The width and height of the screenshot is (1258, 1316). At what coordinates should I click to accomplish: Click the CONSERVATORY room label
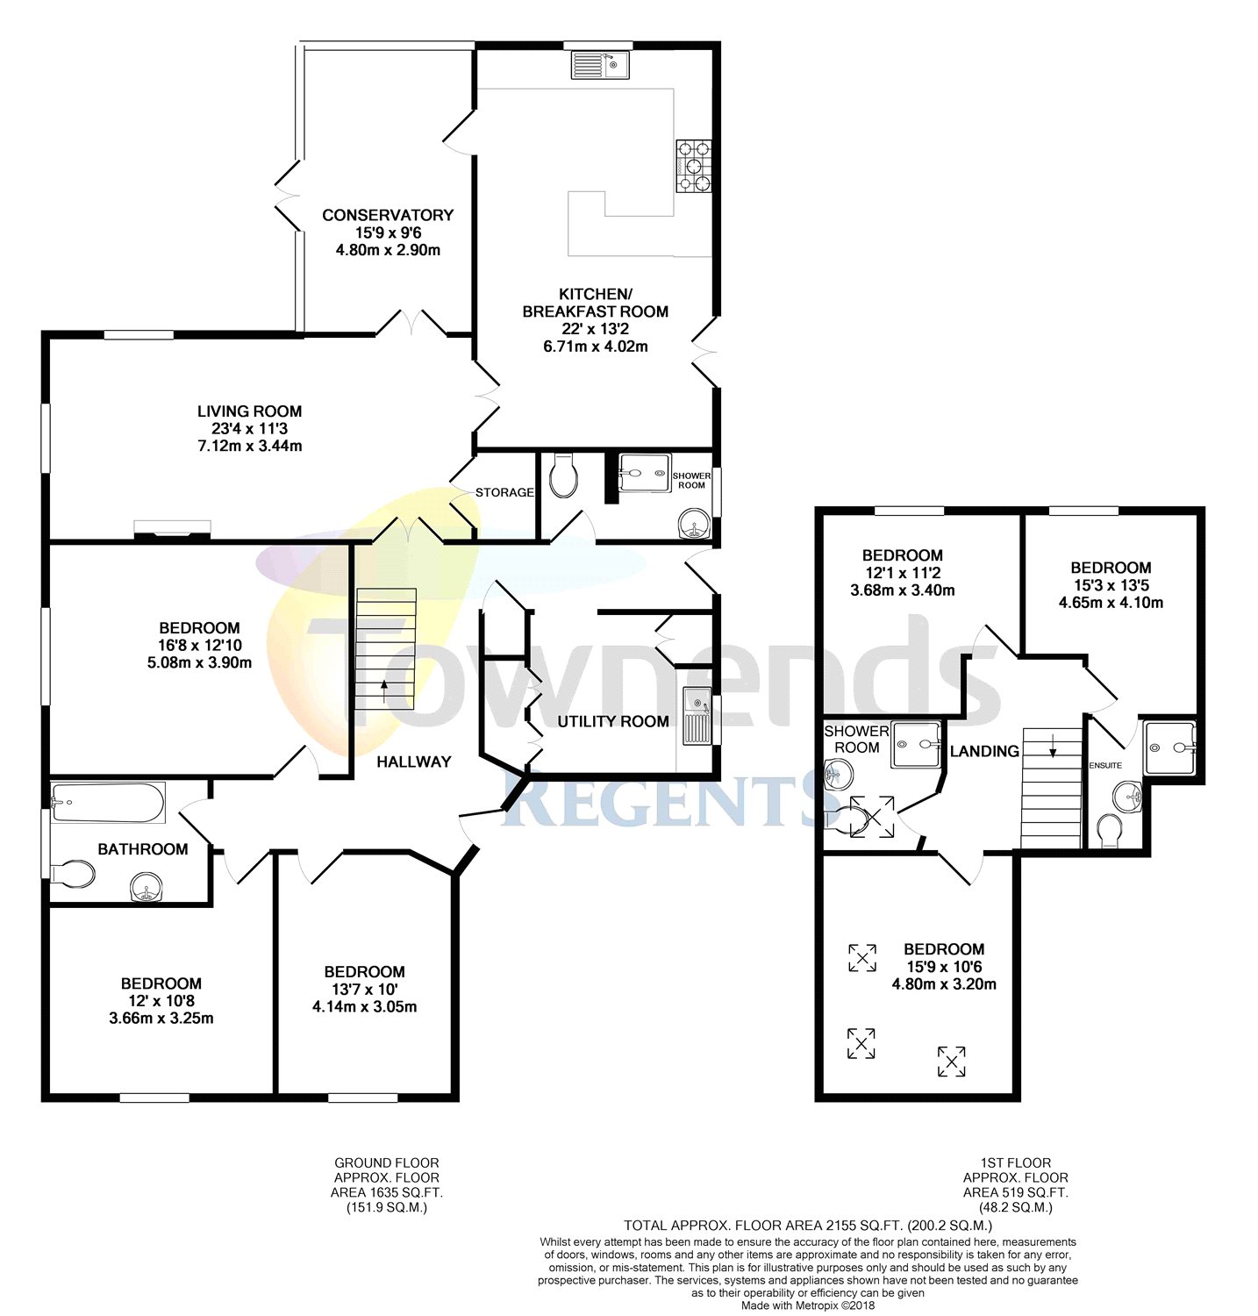pos(388,215)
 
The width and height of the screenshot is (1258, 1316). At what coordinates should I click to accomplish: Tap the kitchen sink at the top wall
pos(600,65)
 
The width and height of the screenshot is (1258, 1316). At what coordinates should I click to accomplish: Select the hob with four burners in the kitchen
pos(693,166)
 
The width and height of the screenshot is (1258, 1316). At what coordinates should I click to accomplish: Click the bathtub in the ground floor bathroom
pos(108,802)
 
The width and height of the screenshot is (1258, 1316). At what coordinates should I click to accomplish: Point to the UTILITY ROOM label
pos(613,721)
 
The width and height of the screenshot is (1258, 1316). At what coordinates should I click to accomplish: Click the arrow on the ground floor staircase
pos(383,688)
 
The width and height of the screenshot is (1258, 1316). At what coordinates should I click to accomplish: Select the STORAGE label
pos(504,492)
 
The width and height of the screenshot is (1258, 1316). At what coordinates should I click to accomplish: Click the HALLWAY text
pos(413,762)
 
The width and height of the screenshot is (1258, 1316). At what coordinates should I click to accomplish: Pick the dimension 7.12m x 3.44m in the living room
pos(249,446)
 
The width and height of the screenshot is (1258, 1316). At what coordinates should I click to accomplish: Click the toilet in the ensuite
pos(1110,832)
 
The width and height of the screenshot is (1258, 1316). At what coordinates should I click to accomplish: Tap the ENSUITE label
pos(1105,765)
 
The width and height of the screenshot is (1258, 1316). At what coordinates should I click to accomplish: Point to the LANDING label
pos(984,751)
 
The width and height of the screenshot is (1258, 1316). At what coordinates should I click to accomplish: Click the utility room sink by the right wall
pos(697,715)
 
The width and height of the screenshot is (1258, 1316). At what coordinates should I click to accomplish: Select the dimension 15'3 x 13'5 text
pos(1111,585)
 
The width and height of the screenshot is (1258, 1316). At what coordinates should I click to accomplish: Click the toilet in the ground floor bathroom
pos(74,874)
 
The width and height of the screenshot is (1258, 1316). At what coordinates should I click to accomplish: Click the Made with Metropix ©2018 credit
pos(807,1305)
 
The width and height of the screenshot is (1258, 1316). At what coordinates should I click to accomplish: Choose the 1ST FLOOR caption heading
pos(1016,1162)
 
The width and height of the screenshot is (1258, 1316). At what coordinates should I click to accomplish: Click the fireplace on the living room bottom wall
pos(172,528)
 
